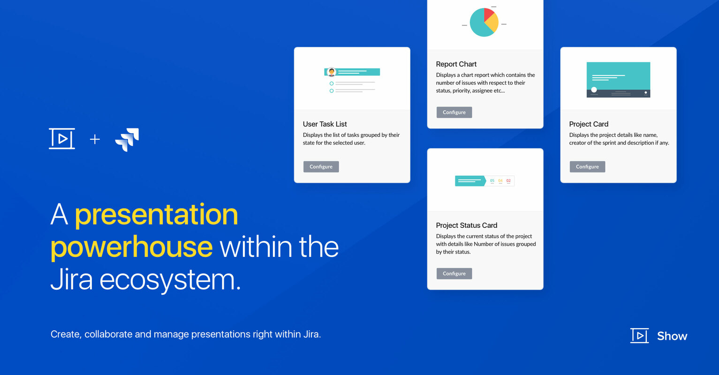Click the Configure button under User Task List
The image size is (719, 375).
[x=321, y=167]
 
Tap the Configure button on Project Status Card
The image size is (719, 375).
[x=454, y=274]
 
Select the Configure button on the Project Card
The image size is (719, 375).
[x=587, y=167]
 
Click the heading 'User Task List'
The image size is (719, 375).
[x=325, y=124]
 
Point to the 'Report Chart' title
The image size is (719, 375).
[x=456, y=64]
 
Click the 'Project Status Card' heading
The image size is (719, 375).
[x=466, y=225]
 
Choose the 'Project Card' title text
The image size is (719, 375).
[x=589, y=124]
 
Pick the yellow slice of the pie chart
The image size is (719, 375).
[x=492, y=23]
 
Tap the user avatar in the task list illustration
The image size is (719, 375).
[x=332, y=72]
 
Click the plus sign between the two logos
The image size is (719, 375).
[x=95, y=139]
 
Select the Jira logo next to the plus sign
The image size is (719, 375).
[x=127, y=140]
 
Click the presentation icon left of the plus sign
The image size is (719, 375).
[x=62, y=139]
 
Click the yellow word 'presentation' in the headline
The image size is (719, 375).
[x=156, y=215]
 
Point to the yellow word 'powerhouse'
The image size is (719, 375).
[x=131, y=247]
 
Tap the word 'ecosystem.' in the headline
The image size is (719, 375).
[x=170, y=279]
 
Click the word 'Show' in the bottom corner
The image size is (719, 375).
[x=672, y=336]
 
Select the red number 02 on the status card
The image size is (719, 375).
[x=508, y=180]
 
